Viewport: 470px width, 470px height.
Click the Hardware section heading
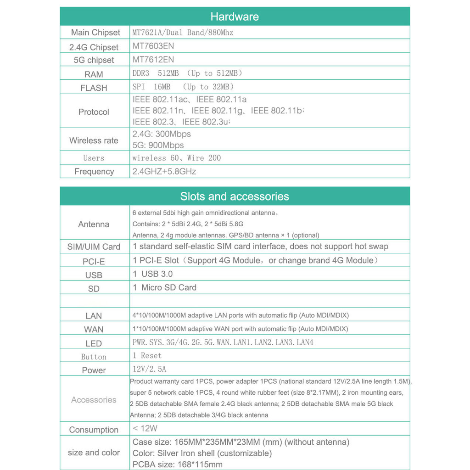[235, 17]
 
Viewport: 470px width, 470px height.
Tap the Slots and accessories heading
[235, 196]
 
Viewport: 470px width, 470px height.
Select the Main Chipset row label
[95, 33]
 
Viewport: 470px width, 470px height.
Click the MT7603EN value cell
[153, 46]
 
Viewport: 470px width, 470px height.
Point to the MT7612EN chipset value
[153, 60]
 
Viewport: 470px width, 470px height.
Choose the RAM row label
[94, 74]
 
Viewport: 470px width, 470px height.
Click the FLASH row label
[94, 88]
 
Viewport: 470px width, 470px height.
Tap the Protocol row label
[94, 112]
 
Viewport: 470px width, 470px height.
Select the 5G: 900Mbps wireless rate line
[158, 145]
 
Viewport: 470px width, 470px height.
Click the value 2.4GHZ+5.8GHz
[164, 172]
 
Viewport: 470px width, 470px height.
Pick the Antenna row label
[94, 224]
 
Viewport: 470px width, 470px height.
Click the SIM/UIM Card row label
[94, 247]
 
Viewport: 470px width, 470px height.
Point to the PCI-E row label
[94, 262]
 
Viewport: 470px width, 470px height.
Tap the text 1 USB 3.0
[153, 274]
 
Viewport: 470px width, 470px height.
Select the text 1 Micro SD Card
[164, 288]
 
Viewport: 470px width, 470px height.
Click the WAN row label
[94, 330]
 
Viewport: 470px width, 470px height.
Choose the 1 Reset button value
[147, 356]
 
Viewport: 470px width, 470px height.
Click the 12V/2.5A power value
[149, 369]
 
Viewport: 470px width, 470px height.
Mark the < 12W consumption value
[145, 429]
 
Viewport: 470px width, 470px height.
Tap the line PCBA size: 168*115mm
[178, 464]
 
